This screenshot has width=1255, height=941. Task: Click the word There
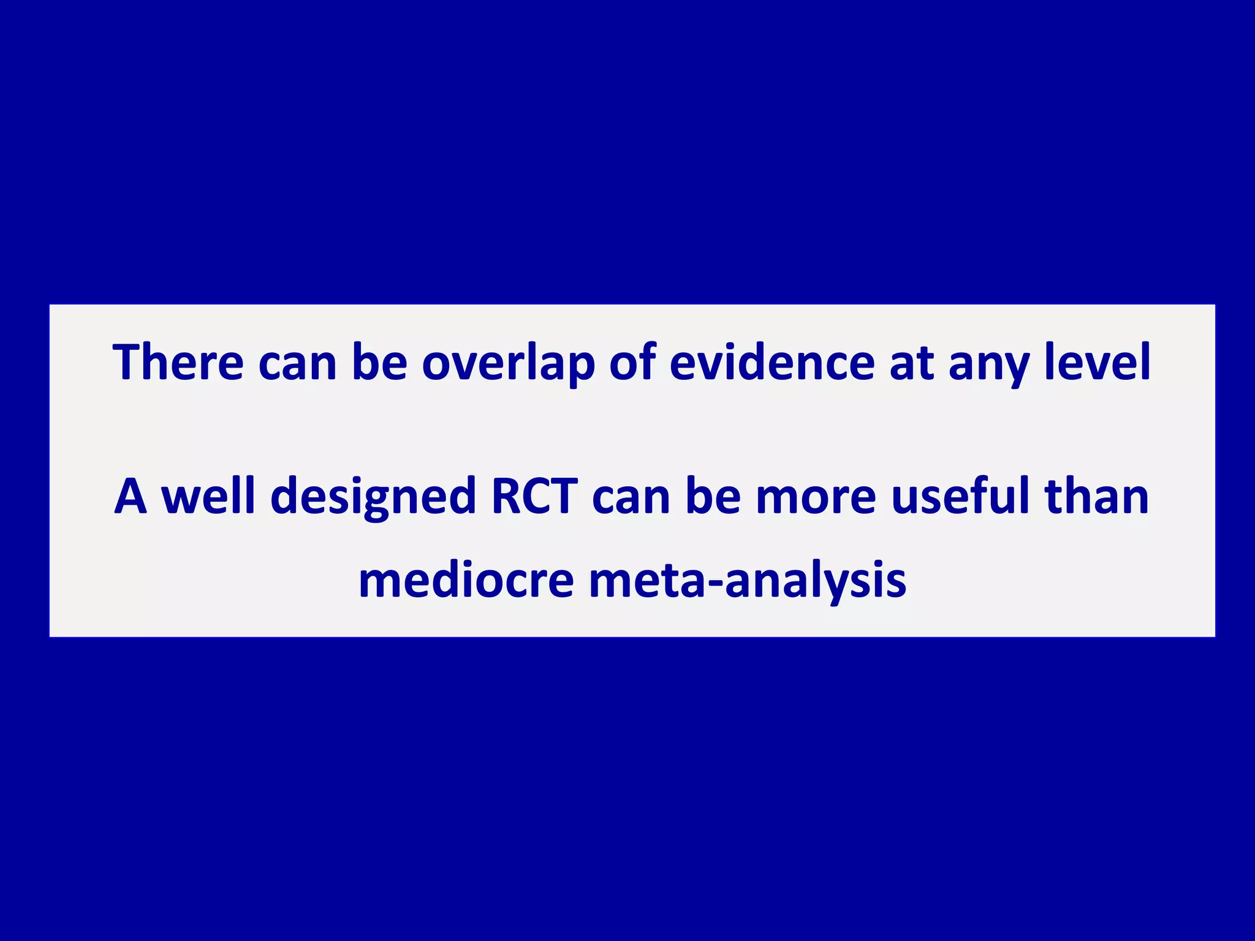click(x=178, y=362)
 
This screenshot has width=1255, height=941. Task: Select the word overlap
click(x=508, y=363)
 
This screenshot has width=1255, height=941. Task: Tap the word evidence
click(x=772, y=362)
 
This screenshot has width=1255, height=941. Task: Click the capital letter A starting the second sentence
click(x=131, y=496)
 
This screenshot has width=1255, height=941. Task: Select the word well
click(x=208, y=496)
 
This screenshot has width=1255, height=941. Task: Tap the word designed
click(x=373, y=497)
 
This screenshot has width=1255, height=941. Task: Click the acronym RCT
click(x=534, y=496)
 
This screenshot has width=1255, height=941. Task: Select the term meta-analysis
click(x=748, y=581)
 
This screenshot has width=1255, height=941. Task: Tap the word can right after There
click(x=297, y=363)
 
